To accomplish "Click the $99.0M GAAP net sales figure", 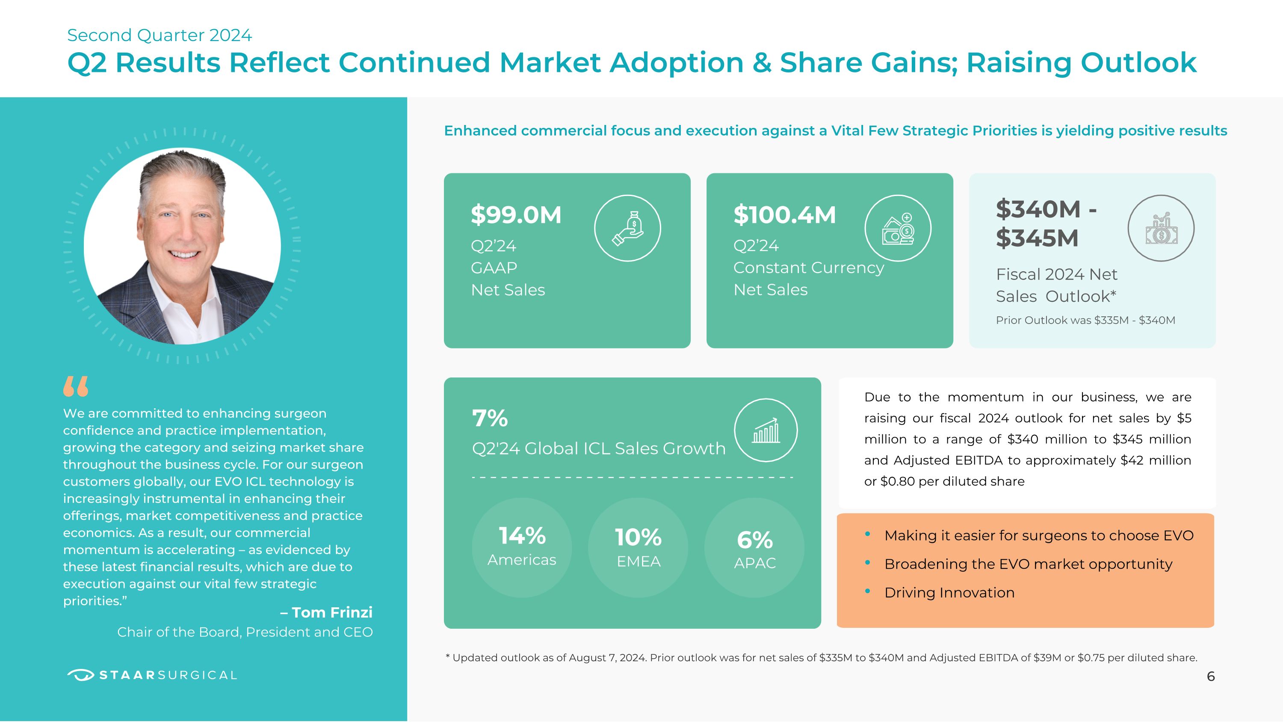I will pos(516,215).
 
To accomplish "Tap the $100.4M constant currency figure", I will pos(784,215).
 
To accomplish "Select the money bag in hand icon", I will pos(627,228).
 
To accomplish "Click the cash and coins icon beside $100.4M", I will pos(898,228).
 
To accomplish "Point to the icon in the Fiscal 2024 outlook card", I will pos(1161,228).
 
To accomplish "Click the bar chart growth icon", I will pos(766,430).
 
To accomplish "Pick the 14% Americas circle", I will pos(521,547).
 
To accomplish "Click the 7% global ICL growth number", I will pos(490,418).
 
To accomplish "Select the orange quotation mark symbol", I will pos(76,386).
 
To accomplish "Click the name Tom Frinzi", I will pos(332,612).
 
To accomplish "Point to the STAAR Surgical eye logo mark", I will pos(80,675).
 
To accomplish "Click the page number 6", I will pos(1211,676).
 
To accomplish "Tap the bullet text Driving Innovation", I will pos(949,592).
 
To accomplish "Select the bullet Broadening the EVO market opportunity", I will pos(1028,564).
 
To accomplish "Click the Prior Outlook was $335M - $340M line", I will pos(1085,321).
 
